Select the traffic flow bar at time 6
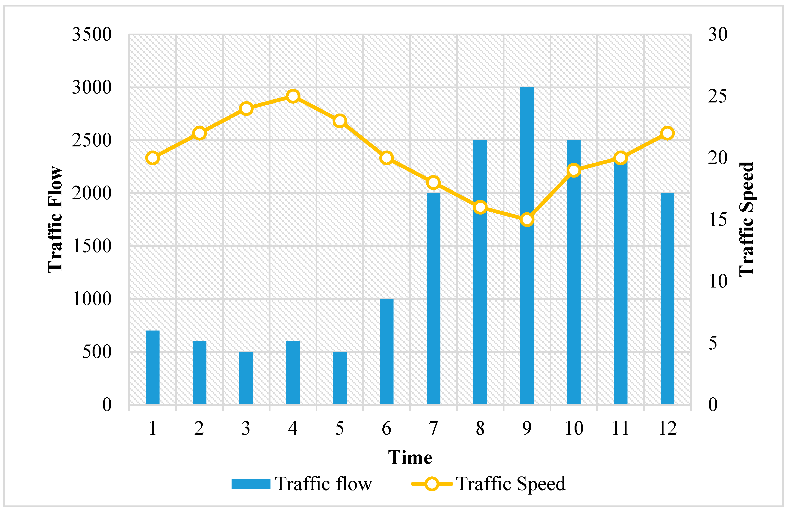[386, 351]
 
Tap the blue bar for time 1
[152, 367]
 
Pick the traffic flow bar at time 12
[667, 298]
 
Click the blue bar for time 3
[246, 378]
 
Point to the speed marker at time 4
[293, 96]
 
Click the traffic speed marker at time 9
[527, 219]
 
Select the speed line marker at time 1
[152, 158]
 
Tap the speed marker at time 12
[667, 133]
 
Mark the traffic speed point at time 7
[433, 183]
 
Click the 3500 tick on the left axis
[92, 34]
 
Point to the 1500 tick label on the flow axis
[92, 246]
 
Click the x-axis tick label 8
[480, 429]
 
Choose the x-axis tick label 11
[620, 429]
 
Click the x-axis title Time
[410, 458]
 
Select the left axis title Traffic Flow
[55, 219]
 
